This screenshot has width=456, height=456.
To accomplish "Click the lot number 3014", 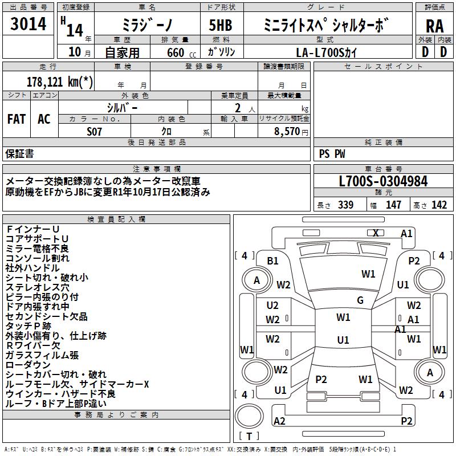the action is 28,24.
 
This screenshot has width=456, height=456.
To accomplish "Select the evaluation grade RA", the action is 434,26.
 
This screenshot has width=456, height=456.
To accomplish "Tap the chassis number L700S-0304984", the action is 383,181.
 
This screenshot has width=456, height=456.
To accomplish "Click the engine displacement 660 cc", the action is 174,53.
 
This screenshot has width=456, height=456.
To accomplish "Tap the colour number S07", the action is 95,132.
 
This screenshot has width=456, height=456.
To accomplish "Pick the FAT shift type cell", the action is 17,119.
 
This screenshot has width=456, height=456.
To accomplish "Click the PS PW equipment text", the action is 332,153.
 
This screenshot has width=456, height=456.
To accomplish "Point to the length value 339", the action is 345,205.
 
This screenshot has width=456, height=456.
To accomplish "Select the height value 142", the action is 439,205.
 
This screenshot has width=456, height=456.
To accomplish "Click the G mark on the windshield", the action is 360,300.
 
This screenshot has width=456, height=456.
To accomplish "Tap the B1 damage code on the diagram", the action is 273,260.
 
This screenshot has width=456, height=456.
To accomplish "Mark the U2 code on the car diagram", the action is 272,306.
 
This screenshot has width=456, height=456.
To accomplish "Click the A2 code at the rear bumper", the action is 279,421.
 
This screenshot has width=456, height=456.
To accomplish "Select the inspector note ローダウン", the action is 28,365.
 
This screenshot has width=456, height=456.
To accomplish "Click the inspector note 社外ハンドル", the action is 32,268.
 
